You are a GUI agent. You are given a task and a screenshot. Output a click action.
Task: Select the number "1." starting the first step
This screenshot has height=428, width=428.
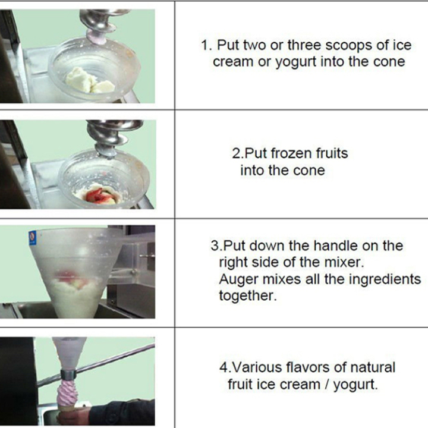(206, 45)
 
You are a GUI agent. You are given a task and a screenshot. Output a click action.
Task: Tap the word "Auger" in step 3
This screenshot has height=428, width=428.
(238, 279)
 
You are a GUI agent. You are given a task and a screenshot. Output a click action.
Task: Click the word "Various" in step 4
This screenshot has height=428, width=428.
(256, 368)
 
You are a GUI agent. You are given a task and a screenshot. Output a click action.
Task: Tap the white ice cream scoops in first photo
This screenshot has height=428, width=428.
(89, 81)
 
